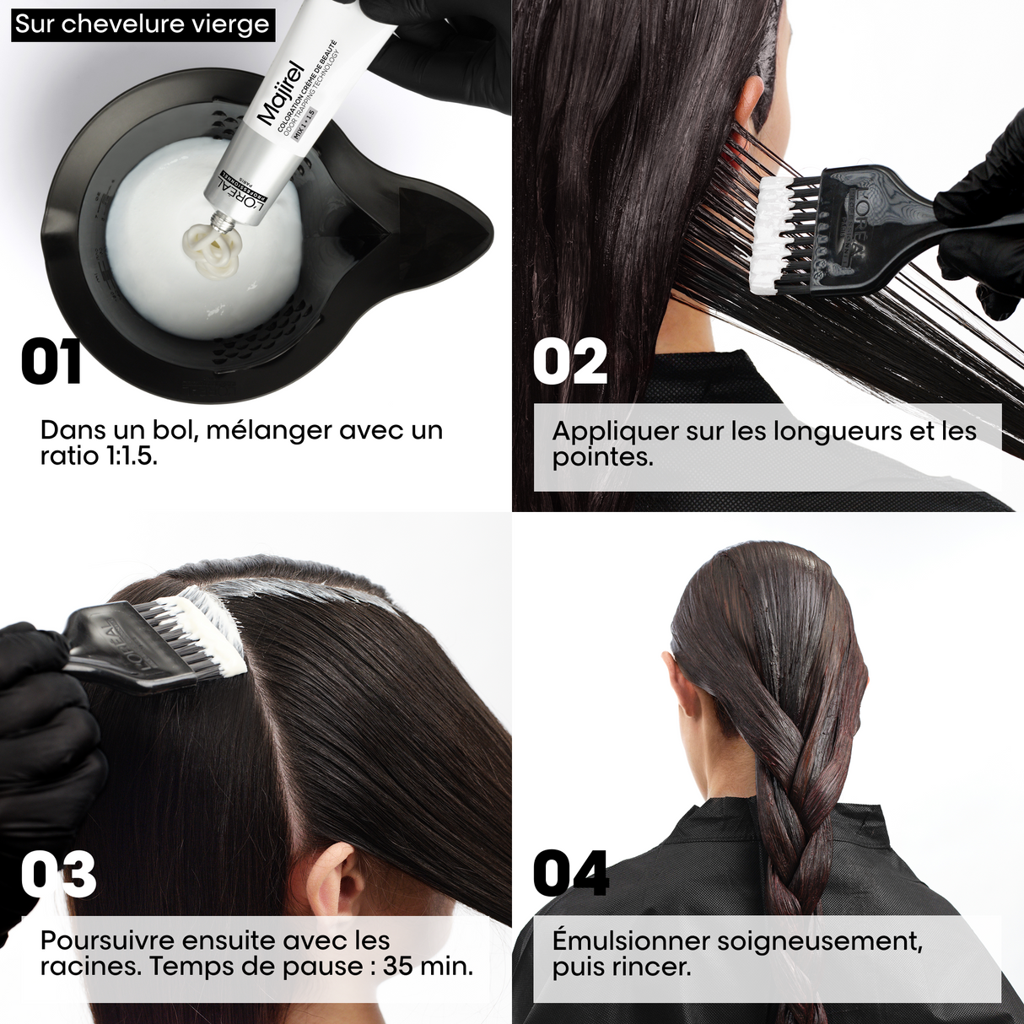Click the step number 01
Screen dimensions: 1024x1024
click(x=51, y=362)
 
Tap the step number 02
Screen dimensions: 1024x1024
click(x=569, y=362)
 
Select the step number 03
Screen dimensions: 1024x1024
click(x=58, y=874)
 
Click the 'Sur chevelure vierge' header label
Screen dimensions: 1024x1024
click(x=142, y=24)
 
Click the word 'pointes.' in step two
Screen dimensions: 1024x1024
click(x=602, y=457)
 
